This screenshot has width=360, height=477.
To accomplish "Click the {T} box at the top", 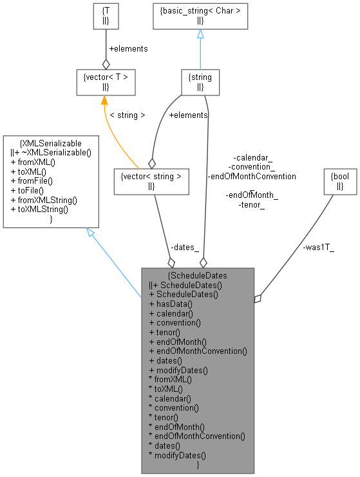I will click(106, 16).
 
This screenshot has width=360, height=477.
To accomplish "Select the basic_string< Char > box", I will click(200, 16).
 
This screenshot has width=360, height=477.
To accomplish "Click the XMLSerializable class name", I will click(52, 143).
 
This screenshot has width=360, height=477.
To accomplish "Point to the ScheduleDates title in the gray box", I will click(198, 275).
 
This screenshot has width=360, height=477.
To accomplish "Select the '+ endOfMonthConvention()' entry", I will click(198, 351).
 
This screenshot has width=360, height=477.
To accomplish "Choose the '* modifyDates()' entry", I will click(178, 455).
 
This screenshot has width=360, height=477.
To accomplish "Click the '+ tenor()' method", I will click(164, 332).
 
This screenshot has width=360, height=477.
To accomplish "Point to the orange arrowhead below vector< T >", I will click(103, 101).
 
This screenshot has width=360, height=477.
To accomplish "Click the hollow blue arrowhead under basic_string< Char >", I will click(200, 34).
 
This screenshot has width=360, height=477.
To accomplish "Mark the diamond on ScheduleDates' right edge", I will click(258, 298).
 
